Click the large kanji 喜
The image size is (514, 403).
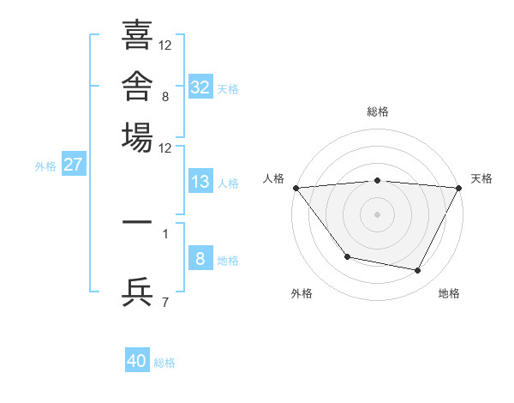coord(137,34)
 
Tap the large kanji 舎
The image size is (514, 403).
coord(137,86)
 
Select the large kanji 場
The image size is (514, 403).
coord(137,137)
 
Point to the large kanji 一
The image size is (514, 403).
coord(137,222)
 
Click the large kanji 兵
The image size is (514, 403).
coord(137,292)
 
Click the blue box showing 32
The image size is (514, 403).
coord(200,87)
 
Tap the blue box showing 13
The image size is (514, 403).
coord(200,181)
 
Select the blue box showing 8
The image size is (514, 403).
coord(200,257)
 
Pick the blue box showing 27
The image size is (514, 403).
coord(74,164)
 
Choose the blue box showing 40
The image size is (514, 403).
coord(137,359)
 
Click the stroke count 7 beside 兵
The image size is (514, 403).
coord(165,302)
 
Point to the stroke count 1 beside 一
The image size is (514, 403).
coord(165,234)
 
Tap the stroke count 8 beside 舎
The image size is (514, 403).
coord(165,97)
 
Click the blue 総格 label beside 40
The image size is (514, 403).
coord(164,363)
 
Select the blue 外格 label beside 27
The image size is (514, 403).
coord(45,166)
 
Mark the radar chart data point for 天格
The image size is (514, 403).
coord(458,188)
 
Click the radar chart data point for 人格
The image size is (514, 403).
coord(296,188)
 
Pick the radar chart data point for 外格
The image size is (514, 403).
coord(348,256)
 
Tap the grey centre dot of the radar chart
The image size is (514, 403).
coord(377,214)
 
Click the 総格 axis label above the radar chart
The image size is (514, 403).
coord(378,111)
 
